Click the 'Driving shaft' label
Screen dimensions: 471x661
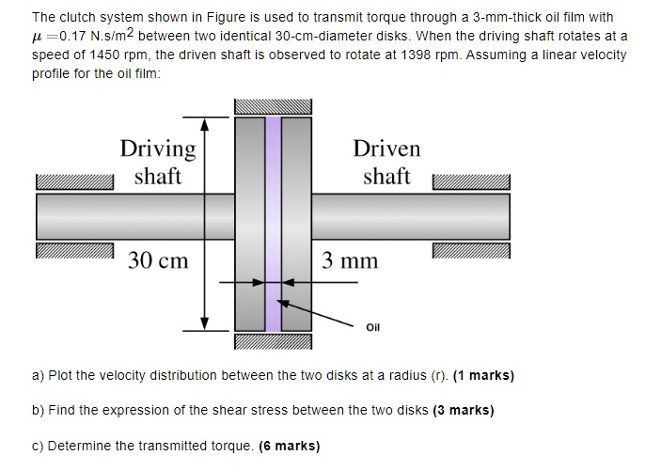tap(158, 162)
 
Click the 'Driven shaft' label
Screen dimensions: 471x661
tap(386, 162)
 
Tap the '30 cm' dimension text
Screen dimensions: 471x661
tap(158, 259)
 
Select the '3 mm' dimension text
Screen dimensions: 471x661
tap(350, 259)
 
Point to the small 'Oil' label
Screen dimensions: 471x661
tap(373, 327)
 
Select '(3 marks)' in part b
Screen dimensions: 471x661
tap(464, 410)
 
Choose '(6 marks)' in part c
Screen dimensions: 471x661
tap(289, 446)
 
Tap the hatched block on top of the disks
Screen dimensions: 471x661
tap(273, 106)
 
